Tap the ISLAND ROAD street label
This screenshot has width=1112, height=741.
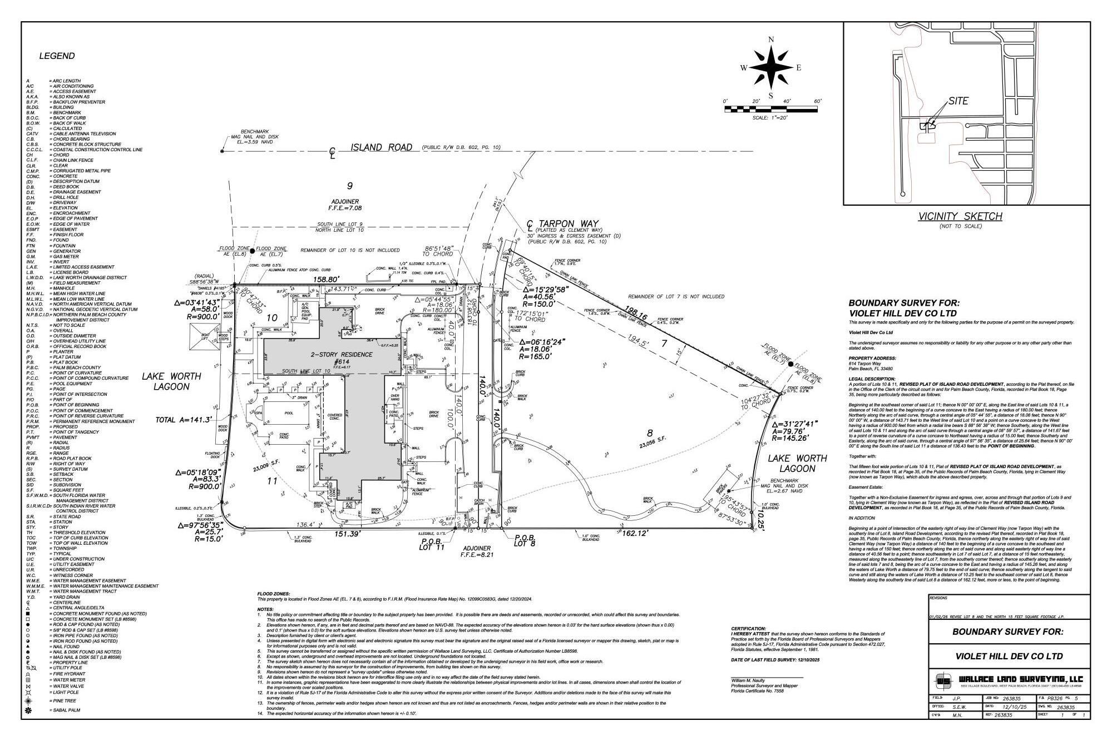pos(382,147)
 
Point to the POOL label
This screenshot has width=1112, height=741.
pos(288,414)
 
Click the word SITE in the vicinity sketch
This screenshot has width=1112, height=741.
pos(958,101)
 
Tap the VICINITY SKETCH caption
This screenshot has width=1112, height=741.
pos(960,216)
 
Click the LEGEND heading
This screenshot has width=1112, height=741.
pos(57,56)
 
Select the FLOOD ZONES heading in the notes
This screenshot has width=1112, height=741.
pos(273,594)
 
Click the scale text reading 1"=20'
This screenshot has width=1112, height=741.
pos(770,118)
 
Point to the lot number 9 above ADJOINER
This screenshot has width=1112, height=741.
pos(349,186)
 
